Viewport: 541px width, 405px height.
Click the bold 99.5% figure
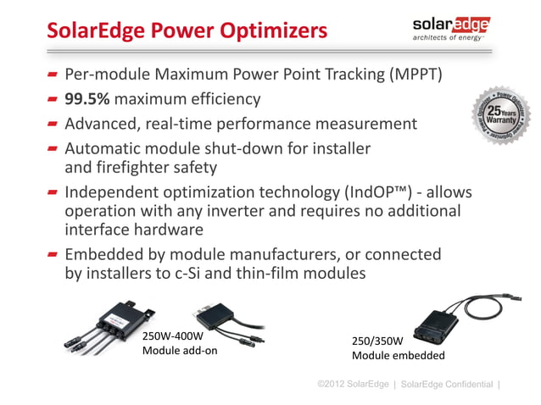(93, 99)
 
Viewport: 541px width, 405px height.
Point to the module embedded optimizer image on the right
(443, 323)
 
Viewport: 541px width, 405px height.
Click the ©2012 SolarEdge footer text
(352, 385)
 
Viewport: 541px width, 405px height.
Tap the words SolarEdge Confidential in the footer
(445, 385)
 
